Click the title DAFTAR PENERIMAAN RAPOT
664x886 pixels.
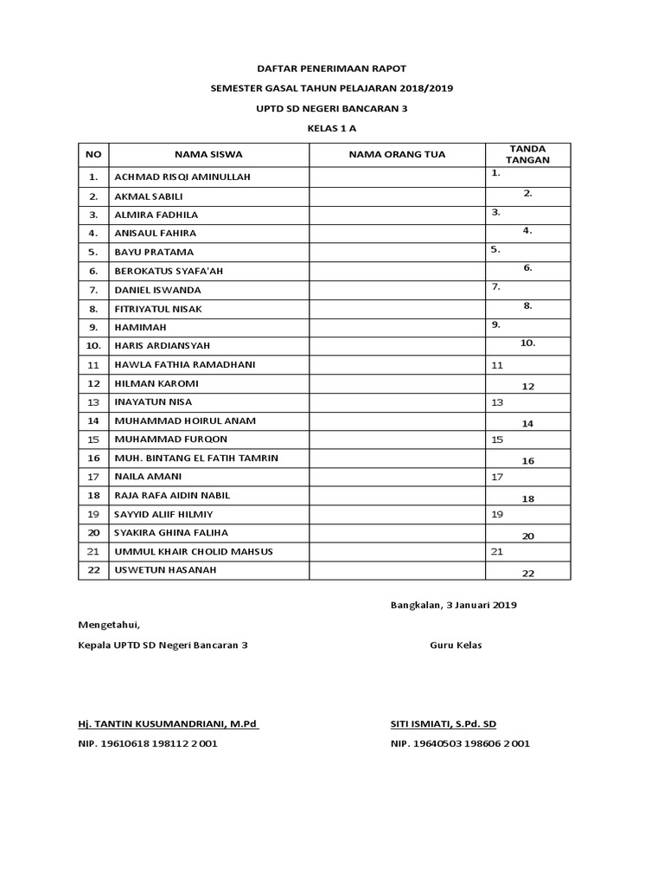(x=332, y=67)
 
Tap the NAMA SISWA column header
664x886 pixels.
(x=208, y=154)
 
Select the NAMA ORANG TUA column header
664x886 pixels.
(x=397, y=154)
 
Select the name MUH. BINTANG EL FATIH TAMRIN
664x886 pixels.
(x=196, y=458)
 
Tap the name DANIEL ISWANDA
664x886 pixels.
(x=157, y=290)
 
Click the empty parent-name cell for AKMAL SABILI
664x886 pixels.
(x=397, y=196)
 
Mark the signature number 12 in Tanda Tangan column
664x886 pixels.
(x=527, y=386)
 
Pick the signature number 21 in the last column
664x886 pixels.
(x=497, y=551)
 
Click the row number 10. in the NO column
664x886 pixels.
(x=93, y=346)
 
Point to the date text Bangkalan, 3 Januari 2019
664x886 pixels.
(x=454, y=606)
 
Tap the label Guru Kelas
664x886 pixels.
(x=456, y=645)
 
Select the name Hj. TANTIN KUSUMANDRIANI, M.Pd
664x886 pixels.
(x=169, y=723)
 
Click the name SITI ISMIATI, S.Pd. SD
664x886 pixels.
(x=444, y=723)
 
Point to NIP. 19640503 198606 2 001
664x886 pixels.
(x=460, y=743)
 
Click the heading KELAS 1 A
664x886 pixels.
(x=332, y=128)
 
